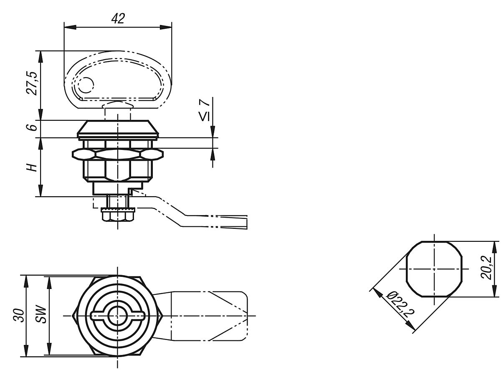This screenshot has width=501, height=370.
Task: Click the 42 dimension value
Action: tap(118, 18)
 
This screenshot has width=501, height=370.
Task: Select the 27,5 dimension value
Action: tap(32, 84)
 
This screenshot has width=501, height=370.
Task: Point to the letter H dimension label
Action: tap(32, 167)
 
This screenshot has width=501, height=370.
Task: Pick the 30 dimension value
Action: tap(19, 315)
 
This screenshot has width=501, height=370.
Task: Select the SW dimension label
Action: tap(41, 314)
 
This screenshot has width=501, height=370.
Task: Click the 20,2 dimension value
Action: tap(486, 268)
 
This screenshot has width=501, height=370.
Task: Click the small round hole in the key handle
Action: tap(86, 85)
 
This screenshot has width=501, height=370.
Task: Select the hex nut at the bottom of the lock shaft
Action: tap(118, 215)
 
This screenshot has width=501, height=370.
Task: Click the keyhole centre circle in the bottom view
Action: tap(117, 316)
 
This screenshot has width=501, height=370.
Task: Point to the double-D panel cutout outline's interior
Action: tap(434, 269)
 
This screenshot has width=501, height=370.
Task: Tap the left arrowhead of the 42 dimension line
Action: tap(70, 28)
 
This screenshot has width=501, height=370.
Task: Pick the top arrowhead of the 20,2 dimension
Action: tap(494, 247)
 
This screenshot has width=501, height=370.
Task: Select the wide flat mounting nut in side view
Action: tap(118, 154)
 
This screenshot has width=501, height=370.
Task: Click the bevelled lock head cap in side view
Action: tap(118, 129)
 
